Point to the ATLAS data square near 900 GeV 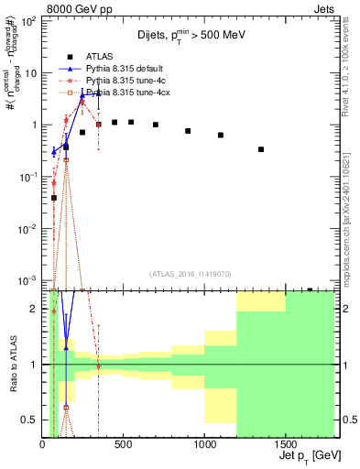(x=188, y=131)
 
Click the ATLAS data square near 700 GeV (x=156, y=125)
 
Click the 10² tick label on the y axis (x=27, y=21)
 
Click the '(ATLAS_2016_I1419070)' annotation (x=190, y=274)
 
